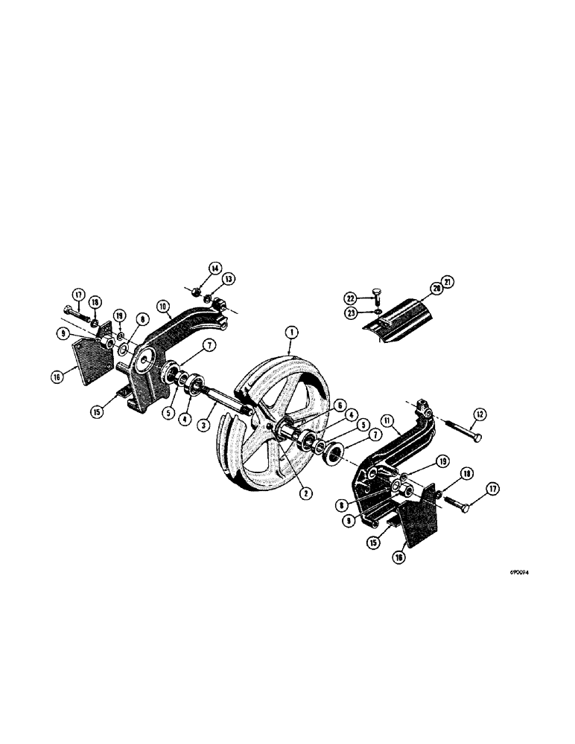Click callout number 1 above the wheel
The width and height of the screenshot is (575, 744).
[291, 331]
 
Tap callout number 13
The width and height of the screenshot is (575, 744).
[229, 278]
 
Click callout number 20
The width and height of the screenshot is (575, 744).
[436, 289]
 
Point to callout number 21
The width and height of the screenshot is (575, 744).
[448, 280]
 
